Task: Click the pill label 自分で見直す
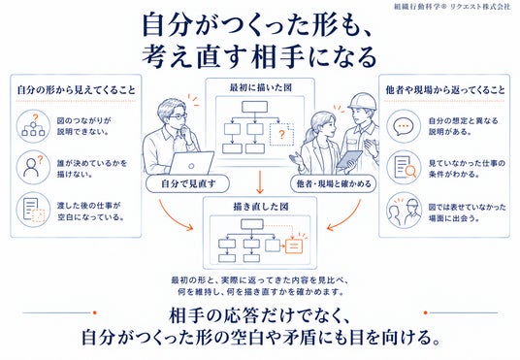tap(187, 183)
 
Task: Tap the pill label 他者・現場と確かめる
tap(334, 183)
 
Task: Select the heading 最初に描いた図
tap(261, 87)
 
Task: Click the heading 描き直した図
tap(261, 207)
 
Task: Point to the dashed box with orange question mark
tap(281, 134)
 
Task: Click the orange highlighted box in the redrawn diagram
tap(294, 245)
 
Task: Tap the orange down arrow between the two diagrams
tap(260, 182)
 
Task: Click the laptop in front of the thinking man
tap(191, 163)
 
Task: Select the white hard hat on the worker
tap(363, 101)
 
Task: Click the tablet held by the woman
tap(349, 159)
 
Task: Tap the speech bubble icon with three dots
tap(404, 126)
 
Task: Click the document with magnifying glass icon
tap(405, 168)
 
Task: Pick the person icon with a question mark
tap(33, 167)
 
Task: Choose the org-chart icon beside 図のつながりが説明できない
tap(33, 126)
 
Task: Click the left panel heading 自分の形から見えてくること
tap(77, 90)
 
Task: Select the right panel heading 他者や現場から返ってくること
tap(445, 90)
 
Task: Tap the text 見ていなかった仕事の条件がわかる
tap(467, 169)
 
